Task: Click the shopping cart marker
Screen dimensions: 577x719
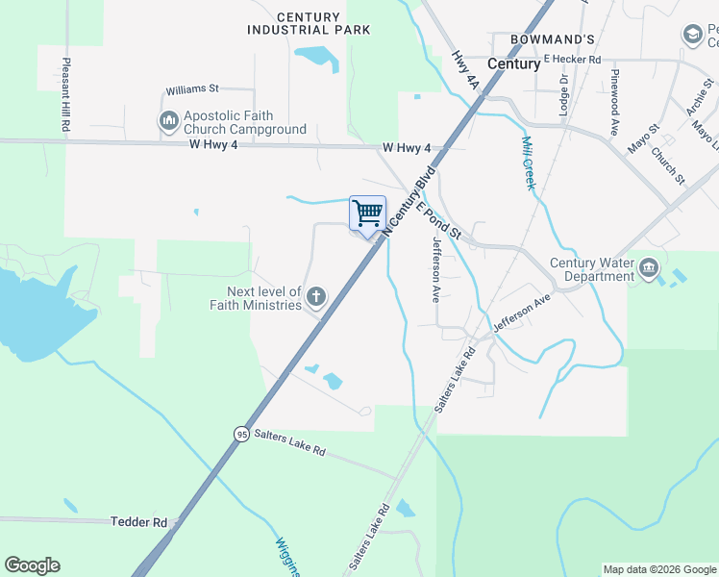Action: [x=367, y=213]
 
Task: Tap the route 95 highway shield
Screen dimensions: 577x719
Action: [x=241, y=435]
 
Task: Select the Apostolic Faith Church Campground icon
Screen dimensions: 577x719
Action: [x=168, y=120]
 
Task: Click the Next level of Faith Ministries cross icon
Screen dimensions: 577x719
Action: [x=315, y=298]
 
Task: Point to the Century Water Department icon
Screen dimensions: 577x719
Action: [x=649, y=265]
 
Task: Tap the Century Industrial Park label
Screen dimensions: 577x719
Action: [x=309, y=24]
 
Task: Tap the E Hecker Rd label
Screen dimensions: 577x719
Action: [x=572, y=60]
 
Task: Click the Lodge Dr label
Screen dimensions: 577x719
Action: [x=563, y=91]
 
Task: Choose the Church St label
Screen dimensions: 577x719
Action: [x=667, y=165]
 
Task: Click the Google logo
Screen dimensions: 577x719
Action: [x=32, y=565]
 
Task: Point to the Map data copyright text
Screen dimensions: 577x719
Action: [x=659, y=569]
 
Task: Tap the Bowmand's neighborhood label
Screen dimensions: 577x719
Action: [x=554, y=38]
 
